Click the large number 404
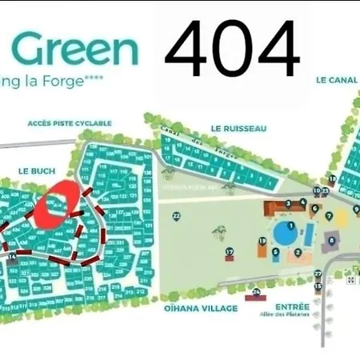(x=232, y=50)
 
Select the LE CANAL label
(x=335, y=80)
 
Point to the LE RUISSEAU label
(x=238, y=128)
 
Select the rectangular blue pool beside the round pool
(x=308, y=235)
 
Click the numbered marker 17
(x=230, y=252)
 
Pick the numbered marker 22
(x=176, y=216)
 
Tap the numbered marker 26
(x=256, y=293)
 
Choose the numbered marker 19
(x=262, y=241)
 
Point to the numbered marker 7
(x=329, y=216)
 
